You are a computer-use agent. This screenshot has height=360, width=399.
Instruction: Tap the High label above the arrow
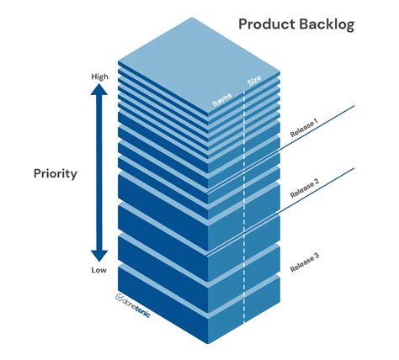coord(99,77)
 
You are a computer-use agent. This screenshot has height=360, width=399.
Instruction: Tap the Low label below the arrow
coord(99,271)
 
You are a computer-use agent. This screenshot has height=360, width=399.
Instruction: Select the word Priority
coord(56,174)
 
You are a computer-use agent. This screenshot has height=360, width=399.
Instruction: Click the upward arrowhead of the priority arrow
coord(99,94)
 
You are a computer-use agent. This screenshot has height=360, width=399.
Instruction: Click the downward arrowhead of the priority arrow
coord(99,253)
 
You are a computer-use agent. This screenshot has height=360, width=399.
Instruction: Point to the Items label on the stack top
coord(221,102)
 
